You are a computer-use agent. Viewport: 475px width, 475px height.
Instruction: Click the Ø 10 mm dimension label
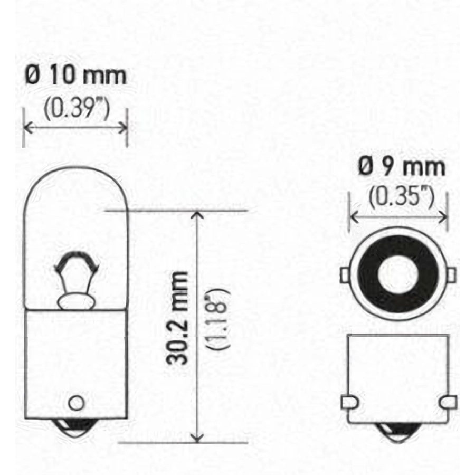coord(75,75)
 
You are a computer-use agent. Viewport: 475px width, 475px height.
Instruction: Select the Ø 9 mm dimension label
coord(402,167)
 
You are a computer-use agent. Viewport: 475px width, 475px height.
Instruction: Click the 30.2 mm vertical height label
coord(177,318)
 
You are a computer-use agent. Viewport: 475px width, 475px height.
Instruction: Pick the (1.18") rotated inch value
coord(218,320)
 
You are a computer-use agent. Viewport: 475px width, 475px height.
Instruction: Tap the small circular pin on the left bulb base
coord(76,403)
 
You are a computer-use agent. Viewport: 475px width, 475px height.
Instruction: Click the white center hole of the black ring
coord(398,274)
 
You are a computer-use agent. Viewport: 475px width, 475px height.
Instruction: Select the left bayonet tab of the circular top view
coord(345,275)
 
